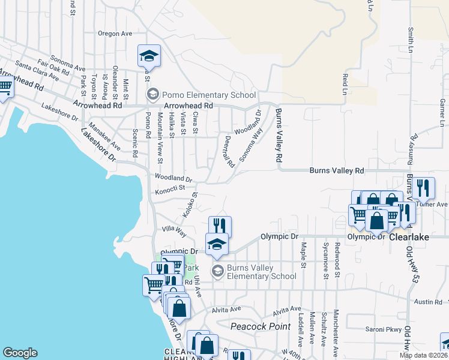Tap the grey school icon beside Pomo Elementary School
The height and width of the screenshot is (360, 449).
click(153, 95)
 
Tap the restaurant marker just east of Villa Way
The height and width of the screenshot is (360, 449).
click(220, 226)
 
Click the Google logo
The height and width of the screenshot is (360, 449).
click(20, 353)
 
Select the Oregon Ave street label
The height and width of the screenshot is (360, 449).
click(115, 34)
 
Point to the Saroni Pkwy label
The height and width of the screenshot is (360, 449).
click(382, 329)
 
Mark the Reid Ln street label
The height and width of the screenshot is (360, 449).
click(345, 84)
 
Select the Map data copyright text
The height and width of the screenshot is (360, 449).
click(423, 355)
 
